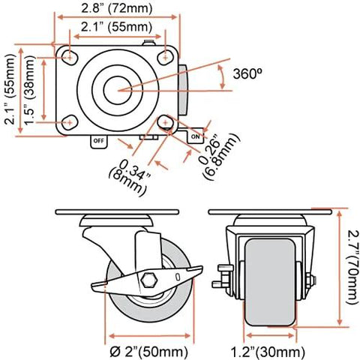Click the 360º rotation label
[247, 74]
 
